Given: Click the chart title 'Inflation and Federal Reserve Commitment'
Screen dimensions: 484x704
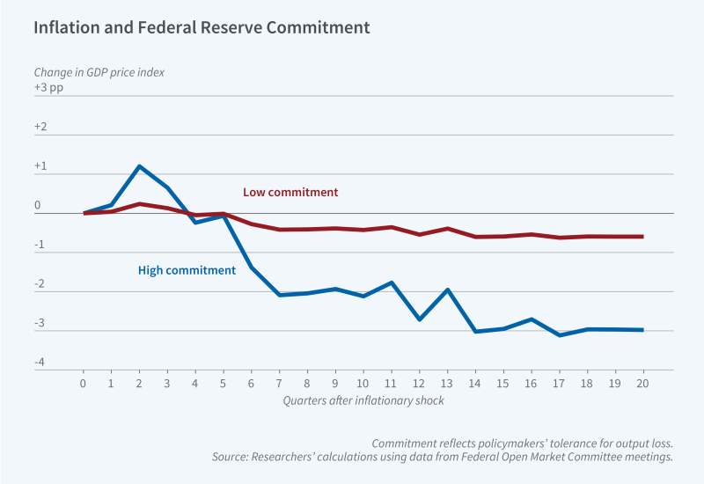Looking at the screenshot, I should click(202, 27).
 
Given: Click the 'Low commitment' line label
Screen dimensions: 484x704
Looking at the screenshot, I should click(290, 192).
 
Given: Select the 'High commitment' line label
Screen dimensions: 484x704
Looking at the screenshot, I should click(187, 270).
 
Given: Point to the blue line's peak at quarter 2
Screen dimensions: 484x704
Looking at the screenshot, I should click(139, 165).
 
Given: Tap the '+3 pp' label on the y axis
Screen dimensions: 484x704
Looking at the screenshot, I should click(48, 88).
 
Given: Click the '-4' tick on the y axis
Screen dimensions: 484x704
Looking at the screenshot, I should click(40, 363).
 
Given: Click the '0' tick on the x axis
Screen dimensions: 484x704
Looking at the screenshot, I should click(84, 384).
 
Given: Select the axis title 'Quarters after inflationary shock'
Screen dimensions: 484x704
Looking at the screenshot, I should click(362, 400).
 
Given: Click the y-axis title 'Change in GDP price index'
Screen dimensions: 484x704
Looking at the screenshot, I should click(99, 71).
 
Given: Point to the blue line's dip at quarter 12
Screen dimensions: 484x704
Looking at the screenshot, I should click(418, 319).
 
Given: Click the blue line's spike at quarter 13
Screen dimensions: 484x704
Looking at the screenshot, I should click(446, 290).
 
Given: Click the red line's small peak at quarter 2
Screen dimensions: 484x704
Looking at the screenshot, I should click(139, 203).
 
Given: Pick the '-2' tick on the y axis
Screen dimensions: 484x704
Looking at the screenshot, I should click(40, 284).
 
